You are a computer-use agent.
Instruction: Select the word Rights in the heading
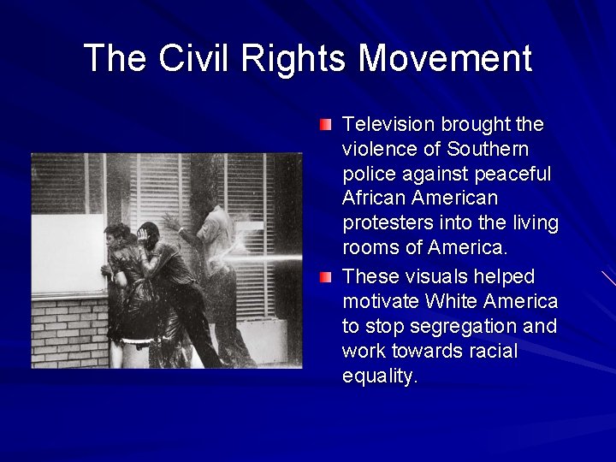(x=294, y=58)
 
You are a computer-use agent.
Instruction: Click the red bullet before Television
(x=325, y=126)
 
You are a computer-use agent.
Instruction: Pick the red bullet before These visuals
(x=325, y=277)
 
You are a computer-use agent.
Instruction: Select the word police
(x=367, y=175)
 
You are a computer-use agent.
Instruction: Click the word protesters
(x=387, y=224)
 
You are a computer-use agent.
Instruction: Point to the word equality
(x=380, y=377)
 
